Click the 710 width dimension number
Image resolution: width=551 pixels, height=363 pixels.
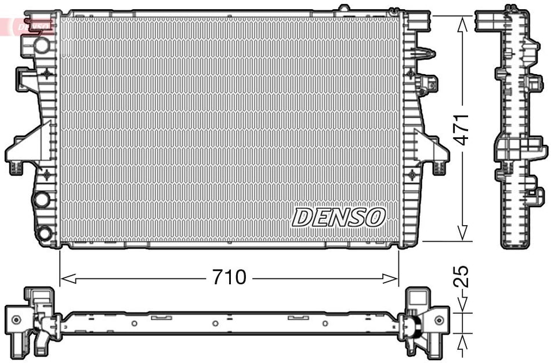pos(229,278)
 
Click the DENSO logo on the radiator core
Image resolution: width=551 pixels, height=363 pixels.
pos(339,217)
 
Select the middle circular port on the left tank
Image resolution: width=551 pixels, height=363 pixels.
pos(41,200)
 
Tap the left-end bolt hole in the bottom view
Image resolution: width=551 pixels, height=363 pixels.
pos(17,319)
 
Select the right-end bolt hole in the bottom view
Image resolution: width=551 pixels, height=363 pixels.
pos(439,319)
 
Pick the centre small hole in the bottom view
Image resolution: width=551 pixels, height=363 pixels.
pos(215,323)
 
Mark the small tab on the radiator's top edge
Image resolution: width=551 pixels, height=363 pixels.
pos(344,8)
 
